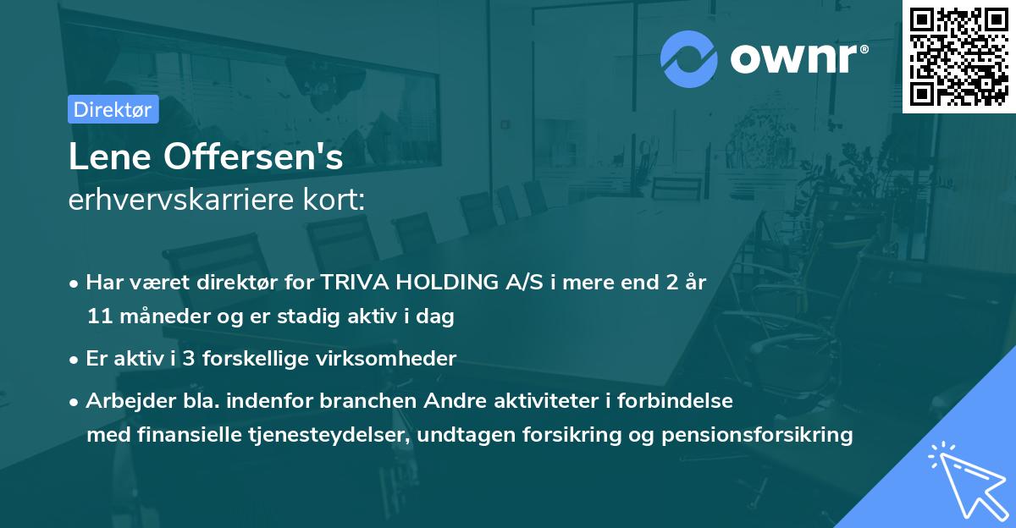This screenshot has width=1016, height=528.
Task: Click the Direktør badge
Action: (x=113, y=109)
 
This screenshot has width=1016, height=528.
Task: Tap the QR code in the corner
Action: (x=958, y=56)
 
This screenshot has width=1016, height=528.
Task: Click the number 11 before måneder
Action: (x=98, y=317)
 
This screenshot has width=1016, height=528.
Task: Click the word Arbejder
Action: (x=124, y=401)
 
